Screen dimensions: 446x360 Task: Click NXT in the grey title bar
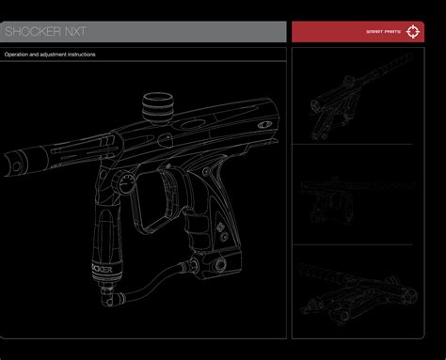click(x=75, y=31)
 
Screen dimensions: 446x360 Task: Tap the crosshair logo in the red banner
click(x=413, y=32)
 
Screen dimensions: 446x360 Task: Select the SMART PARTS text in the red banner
click(x=383, y=32)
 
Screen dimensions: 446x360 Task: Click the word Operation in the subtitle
click(x=16, y=55)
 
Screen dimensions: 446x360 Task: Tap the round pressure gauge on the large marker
click(x=127, y=183)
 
